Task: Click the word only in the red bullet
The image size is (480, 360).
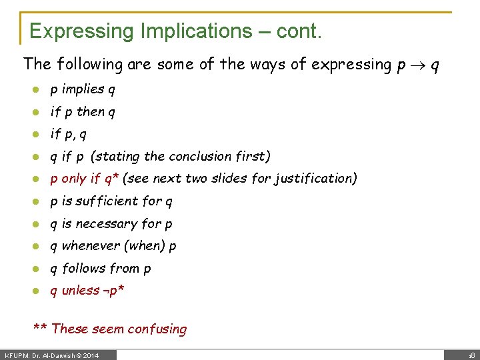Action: coord(75,179)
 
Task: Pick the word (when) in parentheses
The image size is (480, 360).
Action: coord(145,245)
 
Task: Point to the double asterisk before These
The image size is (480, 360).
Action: coord(41,328)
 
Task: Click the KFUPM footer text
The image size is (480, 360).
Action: coord(19,355)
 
